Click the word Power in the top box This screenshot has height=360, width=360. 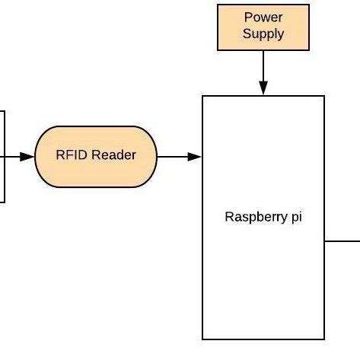263,18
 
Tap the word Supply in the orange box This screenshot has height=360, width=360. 263,33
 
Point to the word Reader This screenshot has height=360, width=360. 113,155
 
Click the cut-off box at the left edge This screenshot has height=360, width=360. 2,156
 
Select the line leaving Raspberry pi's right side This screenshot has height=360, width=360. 342,240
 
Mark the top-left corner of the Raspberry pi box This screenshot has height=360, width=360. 202,96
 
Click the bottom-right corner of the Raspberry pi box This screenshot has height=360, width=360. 325,339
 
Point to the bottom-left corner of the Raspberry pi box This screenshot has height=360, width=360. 202,339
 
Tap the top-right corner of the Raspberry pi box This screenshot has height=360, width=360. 325,96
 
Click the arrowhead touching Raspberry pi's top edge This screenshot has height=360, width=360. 263,89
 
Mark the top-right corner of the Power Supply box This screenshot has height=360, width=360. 309,5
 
